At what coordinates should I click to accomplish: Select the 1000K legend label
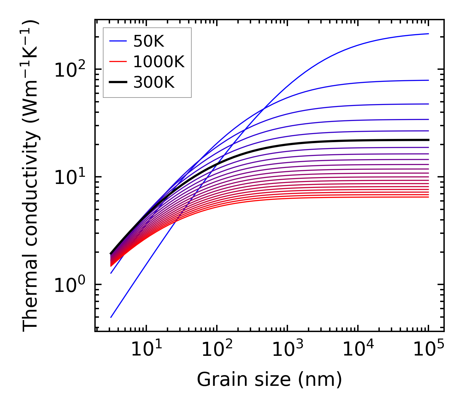coord(159,62)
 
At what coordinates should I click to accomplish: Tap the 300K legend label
coord(154,83)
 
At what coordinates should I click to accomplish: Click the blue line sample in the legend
coord(118,41)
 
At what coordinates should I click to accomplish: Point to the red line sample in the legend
coord(118,62)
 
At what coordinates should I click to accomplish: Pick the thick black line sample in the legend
coord(118,83)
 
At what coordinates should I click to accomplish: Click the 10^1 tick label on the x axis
coord(146,350)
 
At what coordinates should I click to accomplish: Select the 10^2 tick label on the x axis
coord(216,350)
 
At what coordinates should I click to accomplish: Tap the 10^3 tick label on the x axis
coord(287,350)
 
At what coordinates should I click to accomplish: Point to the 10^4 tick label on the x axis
coord(358,350)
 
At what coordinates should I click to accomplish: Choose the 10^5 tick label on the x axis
coord(428,350)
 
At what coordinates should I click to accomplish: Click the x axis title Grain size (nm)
coord(269,379)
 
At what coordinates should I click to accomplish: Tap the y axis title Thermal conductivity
coord(31,175)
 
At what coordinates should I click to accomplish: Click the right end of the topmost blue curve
coord(428,34)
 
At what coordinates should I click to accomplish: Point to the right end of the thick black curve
coord(428,140)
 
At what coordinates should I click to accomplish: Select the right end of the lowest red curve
coord(428,197)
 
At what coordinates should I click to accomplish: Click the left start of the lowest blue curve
coord(111,317)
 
